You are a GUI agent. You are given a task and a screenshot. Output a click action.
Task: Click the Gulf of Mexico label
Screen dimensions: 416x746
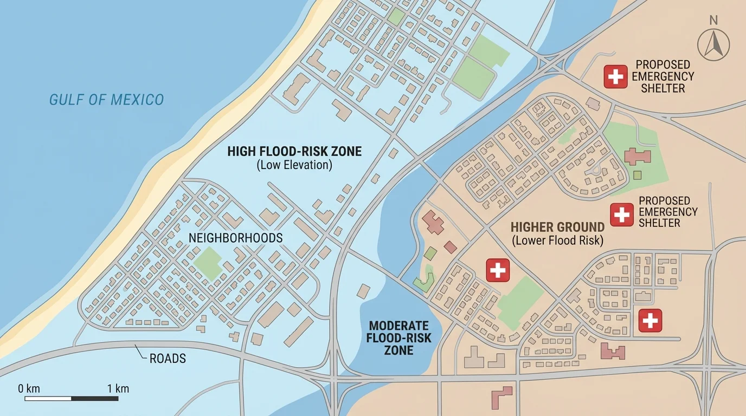pyautogui.click(x=106, y=100)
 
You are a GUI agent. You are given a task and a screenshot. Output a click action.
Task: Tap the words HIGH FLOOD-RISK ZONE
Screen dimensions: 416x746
pyautogui.click(x=294, y=151)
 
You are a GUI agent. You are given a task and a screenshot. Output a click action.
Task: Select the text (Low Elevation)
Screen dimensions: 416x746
pyautogui.click(x=294, y=165)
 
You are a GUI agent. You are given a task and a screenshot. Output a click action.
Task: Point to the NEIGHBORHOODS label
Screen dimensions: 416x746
pyautogui.click(x=235, y=238)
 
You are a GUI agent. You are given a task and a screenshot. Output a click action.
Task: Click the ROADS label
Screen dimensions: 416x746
pyautogui.click(x=168, y=358)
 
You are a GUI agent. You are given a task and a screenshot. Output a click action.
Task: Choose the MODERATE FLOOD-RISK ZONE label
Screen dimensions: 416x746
pyautogui.click(x=399, y=338)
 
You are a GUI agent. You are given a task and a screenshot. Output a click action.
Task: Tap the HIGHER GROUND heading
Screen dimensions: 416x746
pyautogui.click(x=557, y=227)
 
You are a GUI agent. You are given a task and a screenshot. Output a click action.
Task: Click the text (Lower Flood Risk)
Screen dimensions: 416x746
pyautogui.click(x=557, y=240)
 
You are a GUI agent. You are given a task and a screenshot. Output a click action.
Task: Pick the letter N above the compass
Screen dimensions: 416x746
pyautogui.click(x=713, y=21)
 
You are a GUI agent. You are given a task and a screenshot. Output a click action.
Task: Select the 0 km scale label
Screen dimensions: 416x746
pyautogui.click(x=29, y=388)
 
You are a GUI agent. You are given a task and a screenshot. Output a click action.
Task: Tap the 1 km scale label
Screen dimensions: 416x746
pyautogui.click(x=118, y=388)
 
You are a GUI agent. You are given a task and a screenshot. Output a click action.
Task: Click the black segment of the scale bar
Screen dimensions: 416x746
pyautogui.click(x=95, y=399)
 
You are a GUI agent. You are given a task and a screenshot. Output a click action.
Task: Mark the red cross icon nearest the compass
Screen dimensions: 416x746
pyautogui.click(x=615, y=77)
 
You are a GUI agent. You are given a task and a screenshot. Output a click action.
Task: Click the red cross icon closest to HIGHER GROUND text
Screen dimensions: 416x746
pyautogui.click(x=621, y=214)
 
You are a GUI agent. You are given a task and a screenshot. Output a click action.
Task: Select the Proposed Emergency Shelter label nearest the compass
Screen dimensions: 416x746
pyautogui.click(x=663, y=76)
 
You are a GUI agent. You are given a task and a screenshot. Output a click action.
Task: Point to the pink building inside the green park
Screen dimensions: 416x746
pyautogui.click(x=637, y=157)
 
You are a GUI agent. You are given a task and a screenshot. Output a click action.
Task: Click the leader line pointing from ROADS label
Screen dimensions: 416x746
pyautogui.click(x=142, y=353)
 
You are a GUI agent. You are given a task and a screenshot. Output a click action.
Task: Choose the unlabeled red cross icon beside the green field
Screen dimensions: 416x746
pyautogui.click(x=497, y=270)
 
